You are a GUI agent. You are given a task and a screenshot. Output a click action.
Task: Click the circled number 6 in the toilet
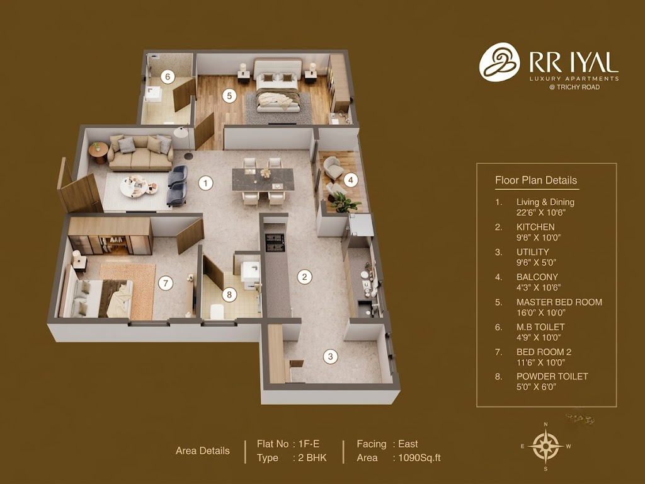[168, 76]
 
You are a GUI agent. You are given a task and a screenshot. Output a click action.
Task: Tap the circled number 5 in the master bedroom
[229, 96]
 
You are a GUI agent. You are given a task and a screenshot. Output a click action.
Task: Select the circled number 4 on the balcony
[350, 180]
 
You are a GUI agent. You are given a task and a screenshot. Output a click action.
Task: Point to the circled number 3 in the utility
[330, 357]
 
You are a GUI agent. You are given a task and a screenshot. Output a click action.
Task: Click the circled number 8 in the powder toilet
[229, 295]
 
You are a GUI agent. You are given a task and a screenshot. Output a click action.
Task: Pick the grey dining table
[263, 180]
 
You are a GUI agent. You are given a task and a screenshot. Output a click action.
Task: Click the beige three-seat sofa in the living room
[140, 153]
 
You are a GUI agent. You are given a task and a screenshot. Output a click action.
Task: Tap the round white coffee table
[134, 187]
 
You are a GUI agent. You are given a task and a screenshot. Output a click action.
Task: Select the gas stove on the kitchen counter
[275, 243]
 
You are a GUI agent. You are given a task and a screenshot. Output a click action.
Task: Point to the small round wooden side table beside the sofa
[98, 153]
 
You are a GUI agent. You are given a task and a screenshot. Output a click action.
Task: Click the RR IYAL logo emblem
[499, 62]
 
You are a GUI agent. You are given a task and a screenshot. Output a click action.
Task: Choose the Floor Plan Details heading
[536, 180]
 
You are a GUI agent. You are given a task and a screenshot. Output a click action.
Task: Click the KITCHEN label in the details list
[535, 227]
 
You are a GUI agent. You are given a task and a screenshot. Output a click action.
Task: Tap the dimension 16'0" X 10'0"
[541, 313]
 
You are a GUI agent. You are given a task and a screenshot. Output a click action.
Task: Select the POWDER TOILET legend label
[552, 377]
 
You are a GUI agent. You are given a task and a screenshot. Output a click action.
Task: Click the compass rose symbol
[546, 446]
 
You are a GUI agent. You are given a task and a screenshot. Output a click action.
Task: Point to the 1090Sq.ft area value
[420, 458]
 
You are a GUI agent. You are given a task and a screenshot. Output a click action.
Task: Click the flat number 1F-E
[309, 444]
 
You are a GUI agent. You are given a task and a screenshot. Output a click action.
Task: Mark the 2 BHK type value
[312, 458]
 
